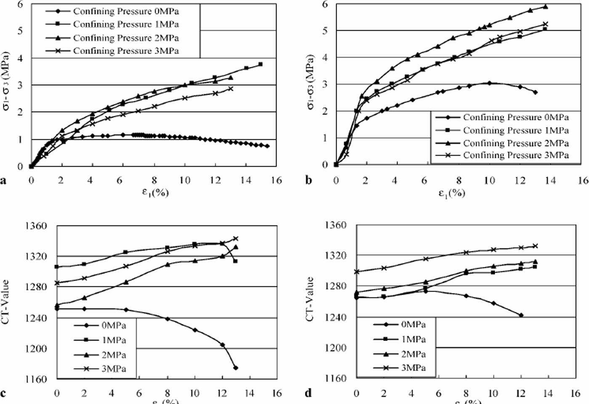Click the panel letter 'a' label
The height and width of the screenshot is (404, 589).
[4, 181]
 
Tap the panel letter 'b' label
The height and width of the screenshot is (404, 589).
[309, 181]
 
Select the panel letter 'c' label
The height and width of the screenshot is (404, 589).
[3, 394]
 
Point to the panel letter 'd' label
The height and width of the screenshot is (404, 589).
[308, 393]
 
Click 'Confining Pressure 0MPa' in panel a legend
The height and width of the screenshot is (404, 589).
[126, 11]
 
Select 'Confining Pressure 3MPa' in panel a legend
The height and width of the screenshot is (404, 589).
[126, 51]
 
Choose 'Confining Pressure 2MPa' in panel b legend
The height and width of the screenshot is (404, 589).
[516, 144]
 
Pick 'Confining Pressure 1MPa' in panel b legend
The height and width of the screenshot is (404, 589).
[516, 130]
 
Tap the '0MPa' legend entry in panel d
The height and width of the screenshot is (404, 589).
[414, 324]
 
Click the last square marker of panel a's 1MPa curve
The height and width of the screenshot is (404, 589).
[260, 64]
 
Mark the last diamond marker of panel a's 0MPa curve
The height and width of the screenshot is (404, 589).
[267, 146]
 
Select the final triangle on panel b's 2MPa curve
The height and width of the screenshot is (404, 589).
[546, 7]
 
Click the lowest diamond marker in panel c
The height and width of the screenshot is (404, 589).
[236, 368]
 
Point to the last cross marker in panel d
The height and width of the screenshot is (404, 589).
[535, 246]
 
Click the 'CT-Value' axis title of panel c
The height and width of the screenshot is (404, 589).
[5, 302]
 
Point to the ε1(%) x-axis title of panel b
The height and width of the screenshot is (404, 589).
[451, 193]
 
